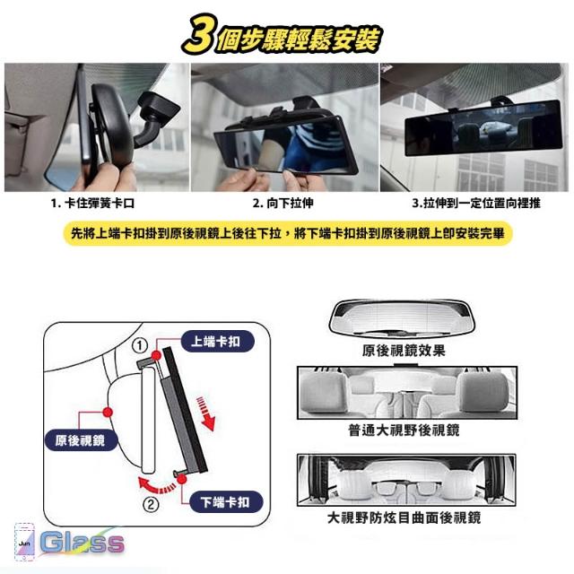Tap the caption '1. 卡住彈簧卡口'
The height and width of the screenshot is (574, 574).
(92, 203)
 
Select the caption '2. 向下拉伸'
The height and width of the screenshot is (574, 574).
(283, 203)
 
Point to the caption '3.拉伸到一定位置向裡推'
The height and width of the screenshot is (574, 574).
(476, 203)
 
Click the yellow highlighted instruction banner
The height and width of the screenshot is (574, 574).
(287, 233)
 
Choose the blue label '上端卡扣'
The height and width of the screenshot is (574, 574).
(217, 341)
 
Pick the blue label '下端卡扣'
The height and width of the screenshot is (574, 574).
(226, 501)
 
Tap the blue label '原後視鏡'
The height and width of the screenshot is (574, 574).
(81, 439)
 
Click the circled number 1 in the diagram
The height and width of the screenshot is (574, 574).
(140, 345)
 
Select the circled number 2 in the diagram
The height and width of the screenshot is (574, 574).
(151, 505)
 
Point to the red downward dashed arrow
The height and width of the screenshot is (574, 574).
(205, 413)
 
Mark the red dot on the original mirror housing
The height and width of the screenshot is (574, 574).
(108, 413)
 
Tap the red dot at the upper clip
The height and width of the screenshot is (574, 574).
(156, 355)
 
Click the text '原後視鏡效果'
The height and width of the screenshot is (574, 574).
(404, 351)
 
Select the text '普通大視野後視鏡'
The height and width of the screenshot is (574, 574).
(404, 430)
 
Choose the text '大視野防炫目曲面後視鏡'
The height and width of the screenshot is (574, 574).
(404, 518)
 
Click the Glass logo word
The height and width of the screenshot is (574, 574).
(82, 542)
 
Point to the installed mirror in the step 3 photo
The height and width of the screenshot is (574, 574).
(483, 127)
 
